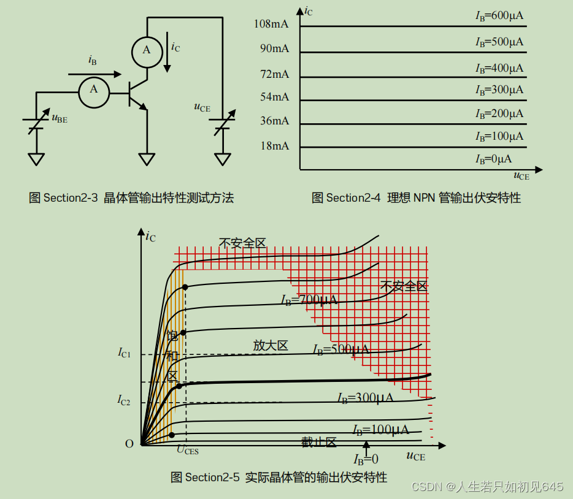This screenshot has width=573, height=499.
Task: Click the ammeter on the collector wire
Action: (x=147, y=50)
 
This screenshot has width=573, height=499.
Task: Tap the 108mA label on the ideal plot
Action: (x=271, y=25)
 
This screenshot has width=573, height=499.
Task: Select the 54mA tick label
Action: (x=274, y=97)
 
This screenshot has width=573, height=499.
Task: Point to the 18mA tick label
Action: (x=274, y=146)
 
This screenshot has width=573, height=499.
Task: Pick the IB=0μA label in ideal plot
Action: (x=493, y=159)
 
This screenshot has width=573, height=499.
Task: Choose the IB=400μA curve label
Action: (x=499, y=68)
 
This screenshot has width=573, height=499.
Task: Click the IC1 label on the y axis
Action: (x=125, y=352)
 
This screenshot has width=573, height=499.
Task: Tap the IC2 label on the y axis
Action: (x=125, y=401)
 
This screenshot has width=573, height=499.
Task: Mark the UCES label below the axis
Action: (x=187, y=451)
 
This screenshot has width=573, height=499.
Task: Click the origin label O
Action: (x=129, y=444)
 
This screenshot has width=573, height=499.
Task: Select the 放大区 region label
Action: (x=271, y=346)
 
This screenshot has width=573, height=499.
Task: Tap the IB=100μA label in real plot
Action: (x=380, y=430)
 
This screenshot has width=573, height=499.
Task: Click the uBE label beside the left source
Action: (x=60, y=118)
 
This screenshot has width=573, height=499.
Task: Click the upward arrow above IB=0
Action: (x=366, y=446)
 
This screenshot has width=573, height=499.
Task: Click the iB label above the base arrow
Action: (x=93, y=60)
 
